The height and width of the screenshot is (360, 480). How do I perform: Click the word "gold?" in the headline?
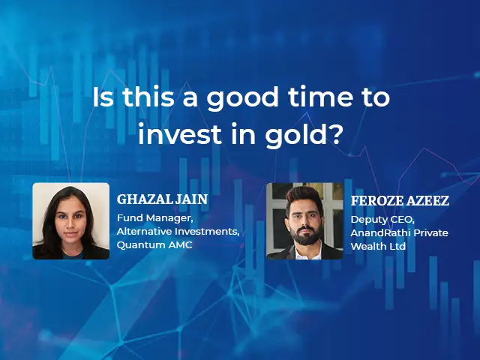coord(303,134)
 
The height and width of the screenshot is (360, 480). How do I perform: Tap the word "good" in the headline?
coord(242,97)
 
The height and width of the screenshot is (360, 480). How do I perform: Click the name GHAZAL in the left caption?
coord(145,199)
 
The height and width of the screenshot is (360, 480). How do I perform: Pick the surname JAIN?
coord(192,199)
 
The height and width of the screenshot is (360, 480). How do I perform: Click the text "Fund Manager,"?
coord(155,218)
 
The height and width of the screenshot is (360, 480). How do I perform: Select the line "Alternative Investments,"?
coord(178,232)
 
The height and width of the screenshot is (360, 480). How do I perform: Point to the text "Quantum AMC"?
coord(154,245)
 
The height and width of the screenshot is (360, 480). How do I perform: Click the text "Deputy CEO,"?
coord(382,220)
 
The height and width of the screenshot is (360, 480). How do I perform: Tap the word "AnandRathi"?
coord(376,233)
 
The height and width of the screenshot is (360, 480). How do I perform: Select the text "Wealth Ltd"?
coord(378,246)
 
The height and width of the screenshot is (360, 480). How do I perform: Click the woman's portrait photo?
coord(71,221)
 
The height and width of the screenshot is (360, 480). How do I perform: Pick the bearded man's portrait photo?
coord(304,221)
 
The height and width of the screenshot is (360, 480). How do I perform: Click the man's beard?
coord(305,235)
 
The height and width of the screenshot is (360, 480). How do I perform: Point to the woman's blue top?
coord(72,255)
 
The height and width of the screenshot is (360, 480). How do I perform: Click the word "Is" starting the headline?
coord(103,97)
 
